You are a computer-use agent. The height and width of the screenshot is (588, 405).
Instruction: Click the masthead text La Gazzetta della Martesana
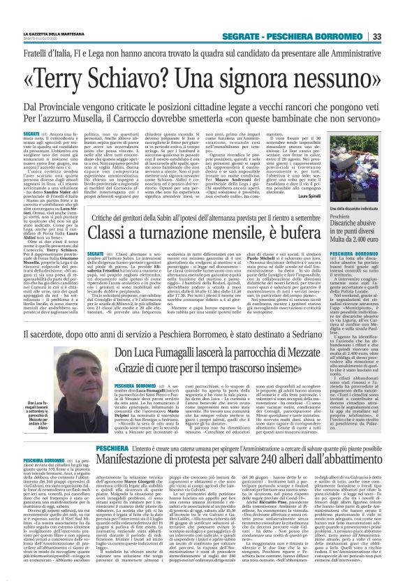pyautogui.click(x=66, y=35)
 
